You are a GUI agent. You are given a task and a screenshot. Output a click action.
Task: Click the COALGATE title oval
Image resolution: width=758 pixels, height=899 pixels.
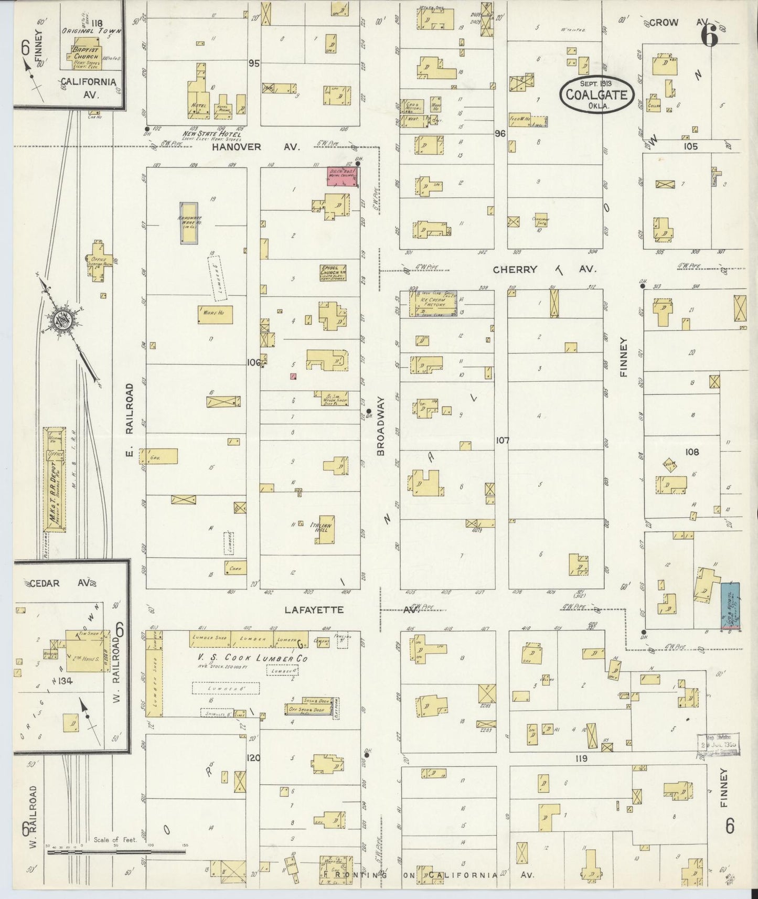596,94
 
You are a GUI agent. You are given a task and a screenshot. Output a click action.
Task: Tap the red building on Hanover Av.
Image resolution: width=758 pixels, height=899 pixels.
342,177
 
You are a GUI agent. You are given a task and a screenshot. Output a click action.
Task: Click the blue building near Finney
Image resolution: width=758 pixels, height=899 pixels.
729,605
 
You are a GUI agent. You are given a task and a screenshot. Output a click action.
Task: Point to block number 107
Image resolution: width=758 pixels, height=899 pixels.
502,441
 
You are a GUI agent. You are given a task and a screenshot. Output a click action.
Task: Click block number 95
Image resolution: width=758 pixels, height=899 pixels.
254,63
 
